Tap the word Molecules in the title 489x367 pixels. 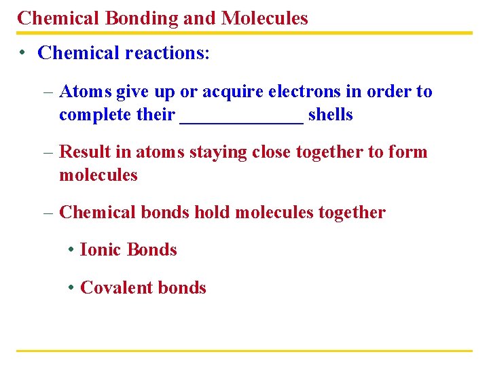pos(264,18)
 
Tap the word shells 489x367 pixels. pos(331,115)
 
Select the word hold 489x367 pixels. pos(213,213)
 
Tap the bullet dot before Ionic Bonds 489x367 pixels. pos(71,250)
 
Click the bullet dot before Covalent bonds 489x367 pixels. pos(71,287)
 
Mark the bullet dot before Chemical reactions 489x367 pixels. pos(23,53)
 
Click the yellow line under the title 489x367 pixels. pos(244,33)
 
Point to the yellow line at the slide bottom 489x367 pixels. pos(244,351)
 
